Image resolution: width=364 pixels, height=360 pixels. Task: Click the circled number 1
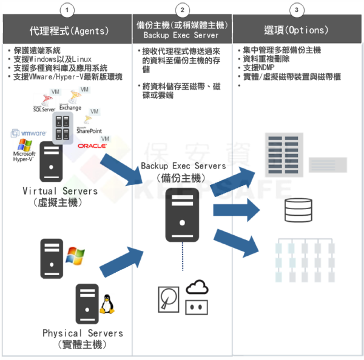(69, 10)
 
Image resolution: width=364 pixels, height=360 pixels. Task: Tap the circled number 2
(183, 10)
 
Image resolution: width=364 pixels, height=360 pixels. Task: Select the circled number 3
(295, 10)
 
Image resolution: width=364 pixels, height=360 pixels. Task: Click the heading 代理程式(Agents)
(69, 30)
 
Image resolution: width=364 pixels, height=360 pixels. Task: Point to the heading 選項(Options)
(296, 30)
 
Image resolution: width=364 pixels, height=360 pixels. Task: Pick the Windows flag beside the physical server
(75, 255)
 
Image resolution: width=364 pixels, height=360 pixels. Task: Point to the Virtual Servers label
(60, 192)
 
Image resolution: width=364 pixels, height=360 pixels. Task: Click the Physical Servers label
(83, 333)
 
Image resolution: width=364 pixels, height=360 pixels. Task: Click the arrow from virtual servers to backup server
(124, 169)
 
